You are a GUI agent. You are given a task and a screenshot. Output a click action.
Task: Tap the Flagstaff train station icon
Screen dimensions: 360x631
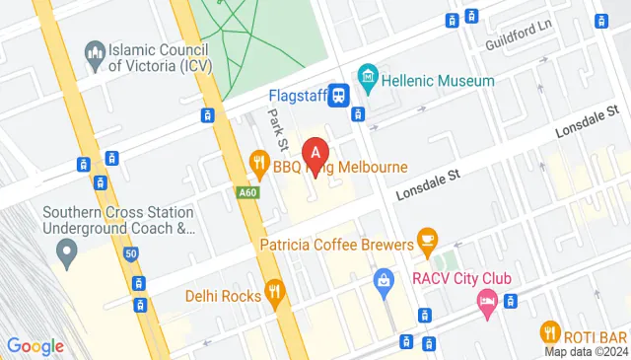tap(338, 95)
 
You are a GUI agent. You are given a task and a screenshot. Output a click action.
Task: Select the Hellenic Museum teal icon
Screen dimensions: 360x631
tap(368, 75)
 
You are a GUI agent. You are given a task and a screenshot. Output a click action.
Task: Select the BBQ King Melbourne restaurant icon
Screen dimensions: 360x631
tap(259, 161)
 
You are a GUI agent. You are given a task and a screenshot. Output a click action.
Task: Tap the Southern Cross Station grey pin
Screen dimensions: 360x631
tap(68, 254)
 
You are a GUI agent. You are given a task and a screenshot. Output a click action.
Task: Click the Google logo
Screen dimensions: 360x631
tap(35, 345)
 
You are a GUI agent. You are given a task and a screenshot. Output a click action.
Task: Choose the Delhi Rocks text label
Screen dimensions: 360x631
tap(223, 295)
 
